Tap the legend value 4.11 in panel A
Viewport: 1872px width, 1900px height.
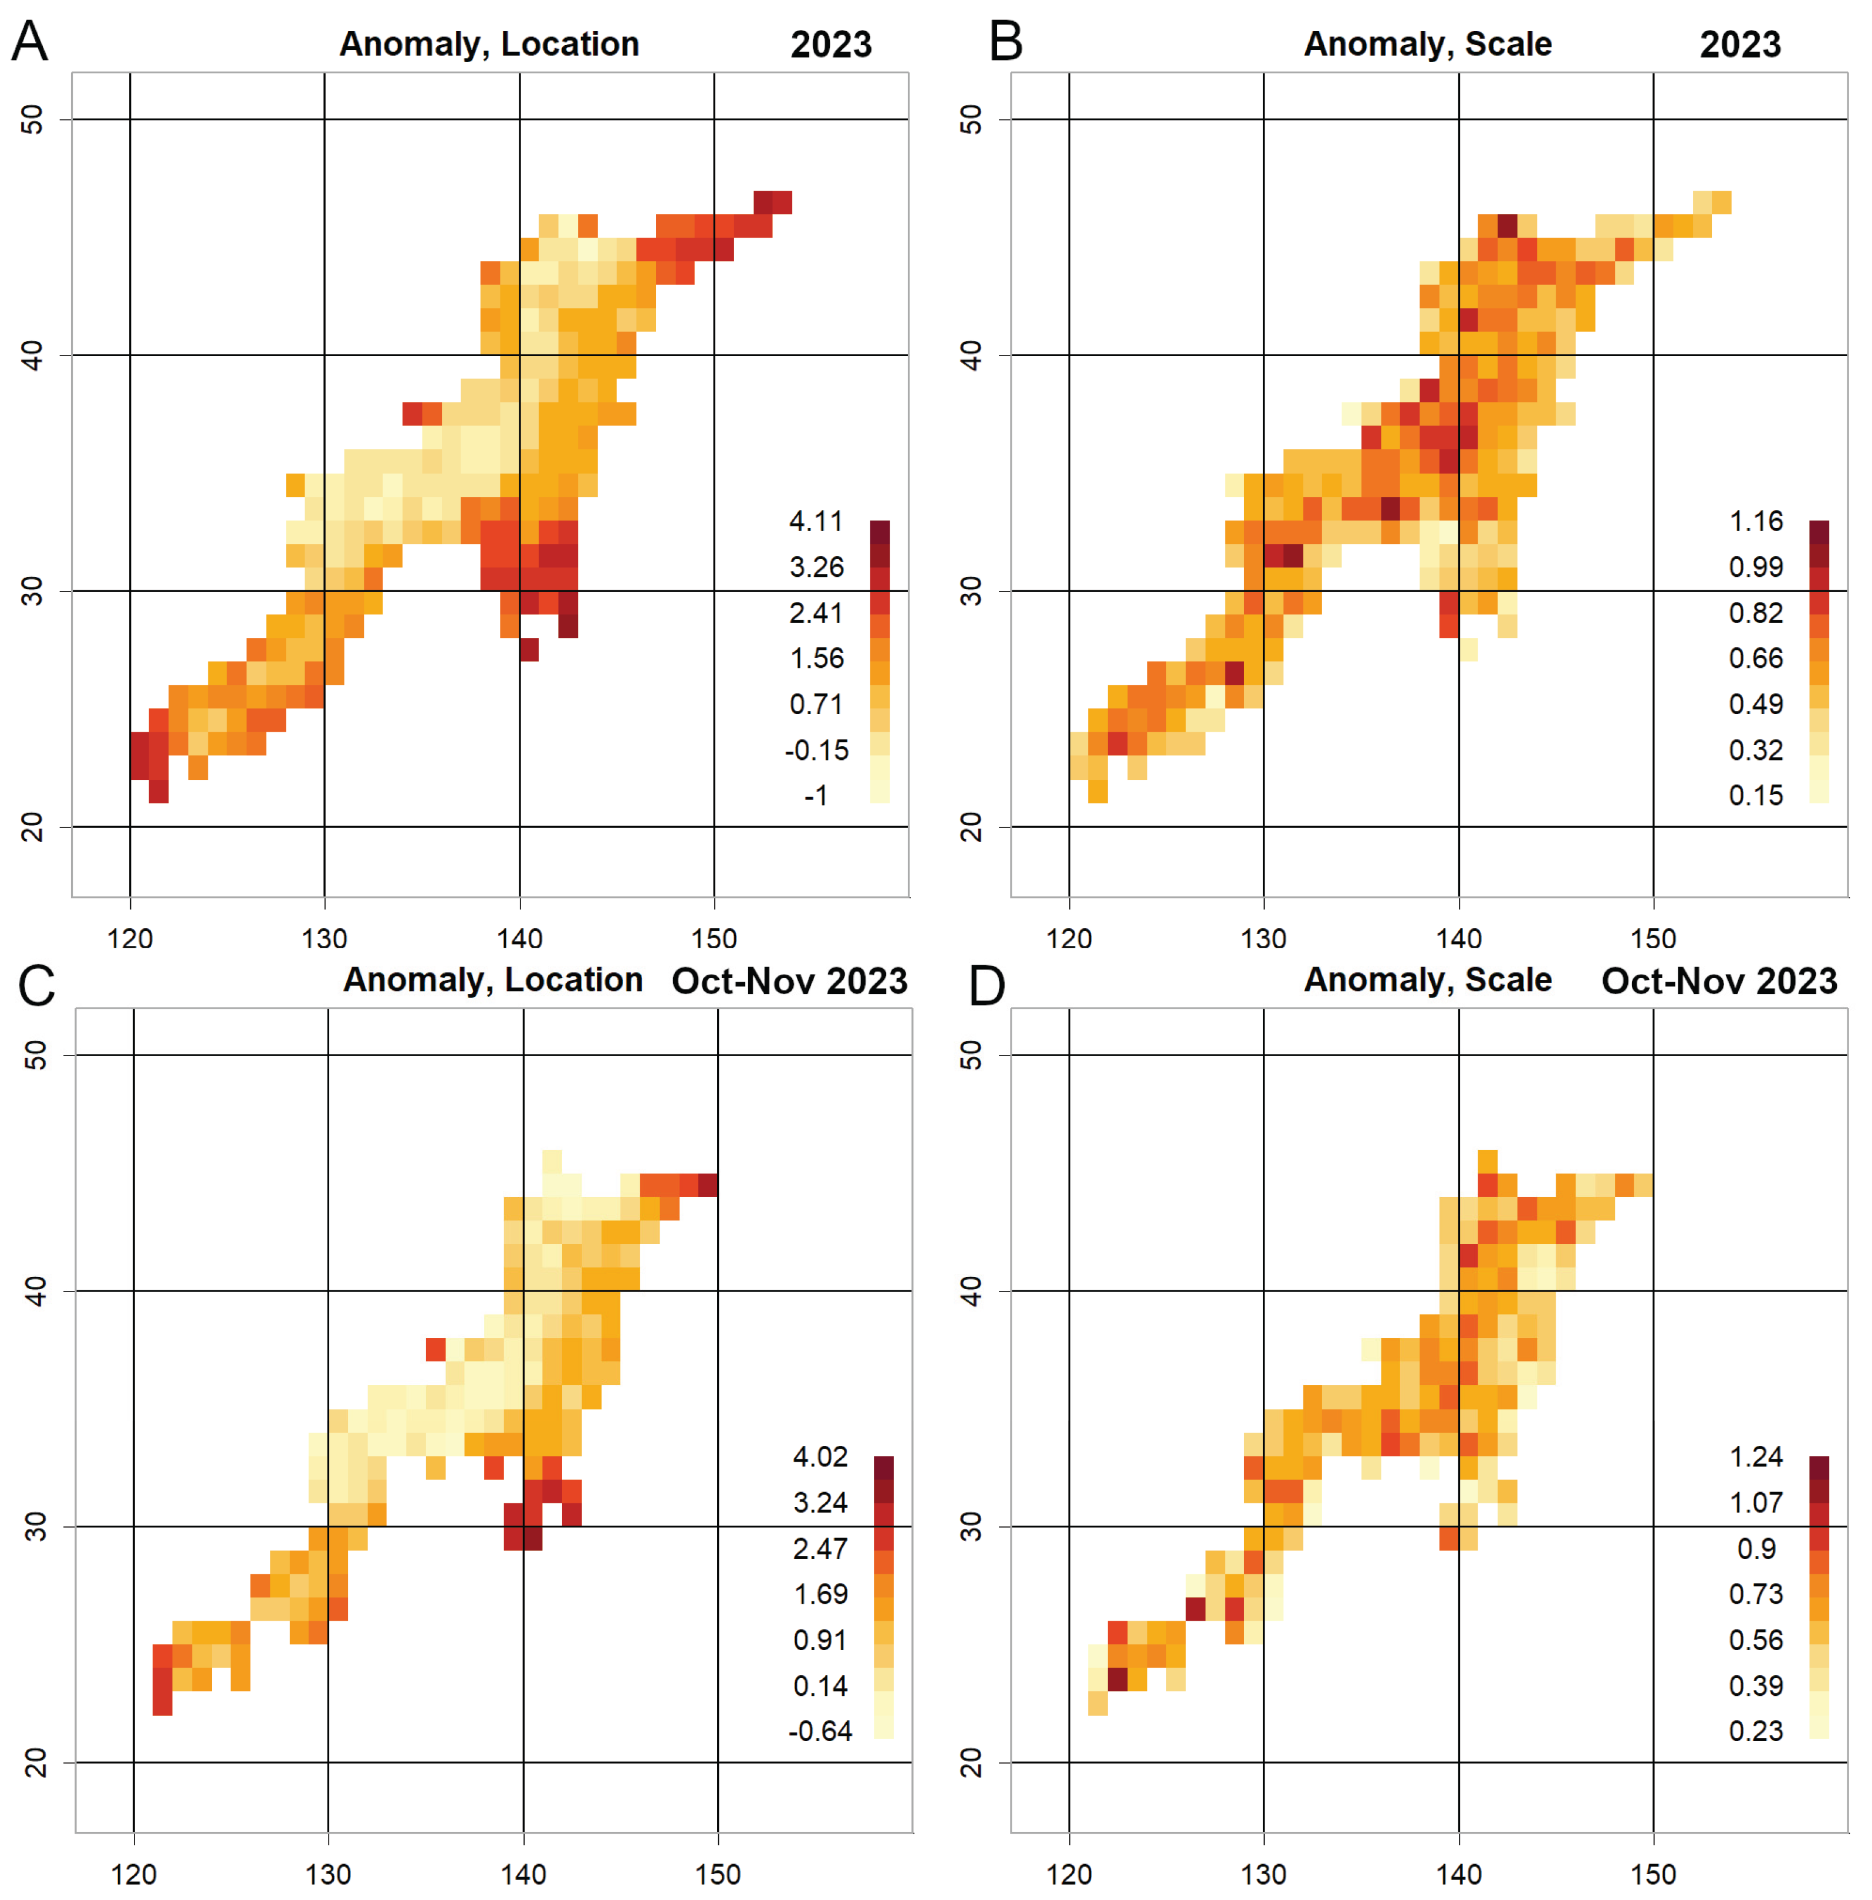click(816, 521)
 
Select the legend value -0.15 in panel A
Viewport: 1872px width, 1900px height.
click(816, 750)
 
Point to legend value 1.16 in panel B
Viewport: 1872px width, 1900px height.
click(1756, 521)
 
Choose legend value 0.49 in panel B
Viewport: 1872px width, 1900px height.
click(1756, 704)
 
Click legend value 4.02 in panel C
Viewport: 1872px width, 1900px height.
click(820, 1457)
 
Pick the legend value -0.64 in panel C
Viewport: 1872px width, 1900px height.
click(820, 1731)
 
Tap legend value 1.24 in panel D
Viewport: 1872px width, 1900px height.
click(1756, 1457)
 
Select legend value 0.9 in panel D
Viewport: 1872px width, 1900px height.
click(1756, 1548)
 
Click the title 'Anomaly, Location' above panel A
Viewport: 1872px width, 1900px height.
click(489, 44)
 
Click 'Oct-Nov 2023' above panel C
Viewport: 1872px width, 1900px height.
click(789, 981)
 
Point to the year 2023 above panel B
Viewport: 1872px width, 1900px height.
click(1740, 44)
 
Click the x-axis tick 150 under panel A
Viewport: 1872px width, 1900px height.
click(714, 939)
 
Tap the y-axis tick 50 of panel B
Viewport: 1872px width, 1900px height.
click(971, 120)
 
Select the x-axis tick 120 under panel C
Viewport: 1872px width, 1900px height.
click(134, 1874)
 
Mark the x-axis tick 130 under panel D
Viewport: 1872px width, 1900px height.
click(1263, 1874)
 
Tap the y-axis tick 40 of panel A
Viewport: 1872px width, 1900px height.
click(32, 356)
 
